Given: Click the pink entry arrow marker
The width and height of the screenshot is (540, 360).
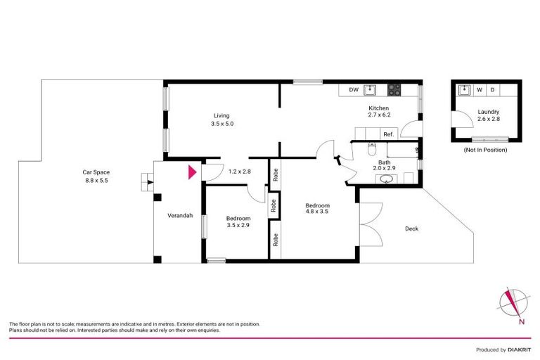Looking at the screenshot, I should coord(191,172).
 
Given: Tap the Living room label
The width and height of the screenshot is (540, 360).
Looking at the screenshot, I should coord(221,115).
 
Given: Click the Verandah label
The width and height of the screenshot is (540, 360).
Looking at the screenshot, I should coord(179,215).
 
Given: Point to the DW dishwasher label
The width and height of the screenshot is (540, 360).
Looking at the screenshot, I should coord(354,90).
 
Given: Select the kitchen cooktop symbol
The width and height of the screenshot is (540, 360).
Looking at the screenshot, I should coord(394,89).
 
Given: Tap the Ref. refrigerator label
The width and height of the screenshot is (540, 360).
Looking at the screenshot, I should coord(388,134).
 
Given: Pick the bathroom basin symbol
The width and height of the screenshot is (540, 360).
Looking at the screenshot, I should coord(385,179).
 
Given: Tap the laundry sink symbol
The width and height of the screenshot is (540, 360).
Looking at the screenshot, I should coord(464,90).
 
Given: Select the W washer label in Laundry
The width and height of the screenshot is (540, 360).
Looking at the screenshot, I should coord(480,90).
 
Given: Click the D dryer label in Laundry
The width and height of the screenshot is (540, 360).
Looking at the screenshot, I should coord(492,90).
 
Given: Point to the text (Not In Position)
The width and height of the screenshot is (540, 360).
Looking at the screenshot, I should coord(484,150).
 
